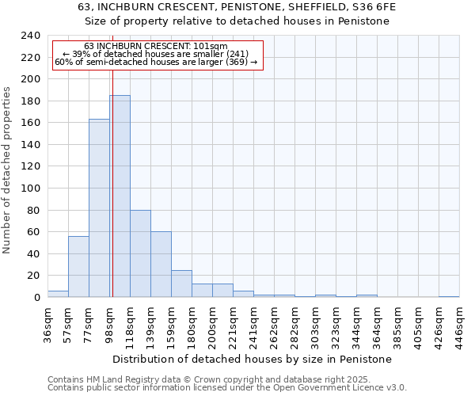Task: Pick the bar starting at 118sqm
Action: click(x=140, y=253)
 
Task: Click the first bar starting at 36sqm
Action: click(x=58, y=294)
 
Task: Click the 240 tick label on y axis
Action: click(x=30, y=36)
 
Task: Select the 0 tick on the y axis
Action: click(x=36, y=297)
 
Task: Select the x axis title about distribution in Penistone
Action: click(x=253, y=359)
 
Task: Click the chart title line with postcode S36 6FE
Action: click(x=237, y=6)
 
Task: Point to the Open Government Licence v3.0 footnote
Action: click(x=227, y=388)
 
